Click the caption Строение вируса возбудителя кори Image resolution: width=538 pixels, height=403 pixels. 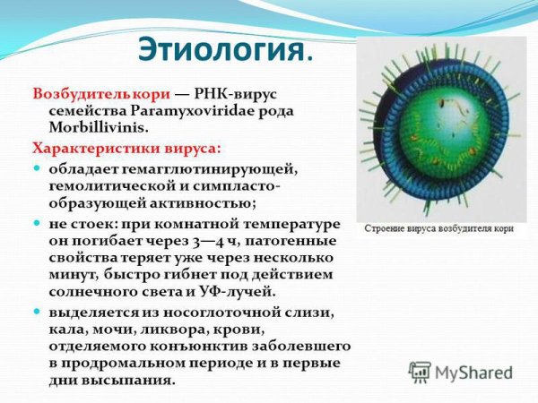pyautogui.click(x=438, y=228)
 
